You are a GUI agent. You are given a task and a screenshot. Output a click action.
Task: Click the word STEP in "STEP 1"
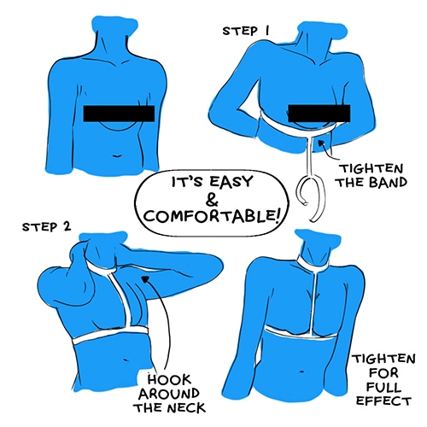click(239, 31)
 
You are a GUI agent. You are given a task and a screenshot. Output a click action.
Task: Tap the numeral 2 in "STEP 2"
click(67, 226)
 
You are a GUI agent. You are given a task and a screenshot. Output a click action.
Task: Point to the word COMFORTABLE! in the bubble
click(212, 216)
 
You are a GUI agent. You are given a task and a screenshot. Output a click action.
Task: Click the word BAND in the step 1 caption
click(388, 183)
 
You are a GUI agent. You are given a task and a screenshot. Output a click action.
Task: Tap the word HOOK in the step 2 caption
click(169, 380)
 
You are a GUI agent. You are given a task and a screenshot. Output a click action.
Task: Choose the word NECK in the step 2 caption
click(186, 408)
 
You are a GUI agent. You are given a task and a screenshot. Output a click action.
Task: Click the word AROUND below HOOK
click(168, 394)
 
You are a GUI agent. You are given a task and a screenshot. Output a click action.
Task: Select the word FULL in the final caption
click(383, 387)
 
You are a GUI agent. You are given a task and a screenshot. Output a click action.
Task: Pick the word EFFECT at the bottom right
click(383, 401)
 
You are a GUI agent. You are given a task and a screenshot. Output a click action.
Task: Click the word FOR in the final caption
click(383, 372)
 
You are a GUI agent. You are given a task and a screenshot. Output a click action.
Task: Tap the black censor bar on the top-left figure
click(119, 114)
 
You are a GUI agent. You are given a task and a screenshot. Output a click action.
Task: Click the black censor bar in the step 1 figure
click(319, 114)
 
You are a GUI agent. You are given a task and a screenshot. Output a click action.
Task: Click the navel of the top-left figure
click(117, 156)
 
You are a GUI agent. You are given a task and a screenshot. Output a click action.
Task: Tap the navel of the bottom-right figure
click(302, 371)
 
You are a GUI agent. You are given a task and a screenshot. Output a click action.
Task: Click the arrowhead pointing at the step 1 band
click(322, 143)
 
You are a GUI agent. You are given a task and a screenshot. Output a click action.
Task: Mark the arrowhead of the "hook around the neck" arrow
click(146, 279)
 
